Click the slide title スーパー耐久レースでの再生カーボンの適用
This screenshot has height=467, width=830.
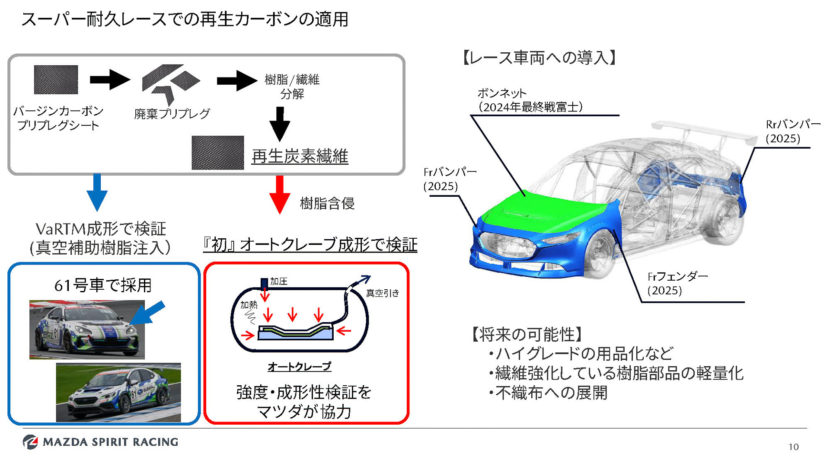(185, 19)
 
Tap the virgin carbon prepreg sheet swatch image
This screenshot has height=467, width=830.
(56, 80)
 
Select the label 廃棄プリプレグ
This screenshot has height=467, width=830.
(172, 114)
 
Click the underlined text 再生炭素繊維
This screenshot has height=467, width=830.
(300, 156)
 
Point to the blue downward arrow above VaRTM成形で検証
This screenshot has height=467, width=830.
(97, 192)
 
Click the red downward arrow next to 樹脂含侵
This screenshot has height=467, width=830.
(280, 194)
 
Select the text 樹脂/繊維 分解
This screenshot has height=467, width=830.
(292, 86)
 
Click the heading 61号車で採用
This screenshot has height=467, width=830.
(103, 285)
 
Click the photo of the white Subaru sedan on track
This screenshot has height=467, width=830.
(118, 392)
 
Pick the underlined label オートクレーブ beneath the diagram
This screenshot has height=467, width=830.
(299, 367)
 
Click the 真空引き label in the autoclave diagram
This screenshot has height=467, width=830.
(383, 293)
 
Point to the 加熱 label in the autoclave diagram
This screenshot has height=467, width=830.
(249, 305)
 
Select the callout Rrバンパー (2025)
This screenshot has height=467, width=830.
(792, 131)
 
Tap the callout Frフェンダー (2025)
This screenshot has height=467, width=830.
(677, 283)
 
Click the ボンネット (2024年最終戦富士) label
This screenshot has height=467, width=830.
(530, 100)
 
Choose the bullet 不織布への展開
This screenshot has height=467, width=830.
(551, 393)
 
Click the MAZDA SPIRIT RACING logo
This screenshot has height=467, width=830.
(100, 442)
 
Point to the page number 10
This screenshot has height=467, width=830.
(793, 447)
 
